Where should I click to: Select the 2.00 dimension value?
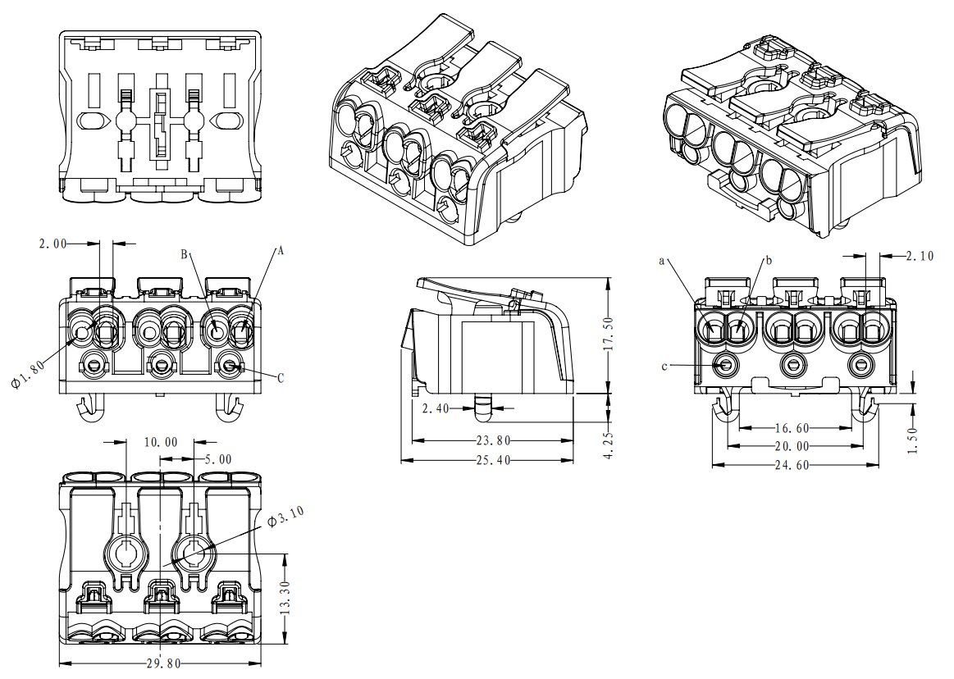coord(54,243)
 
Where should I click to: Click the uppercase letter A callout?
coord(280,251)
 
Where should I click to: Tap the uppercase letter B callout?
coord(184,254)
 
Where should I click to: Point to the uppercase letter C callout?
coord(281,378)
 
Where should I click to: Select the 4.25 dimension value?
coord(608,444)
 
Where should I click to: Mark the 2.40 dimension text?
coord(436,408)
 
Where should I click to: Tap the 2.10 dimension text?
coord(920,256)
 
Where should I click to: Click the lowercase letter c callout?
coord(664,366)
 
